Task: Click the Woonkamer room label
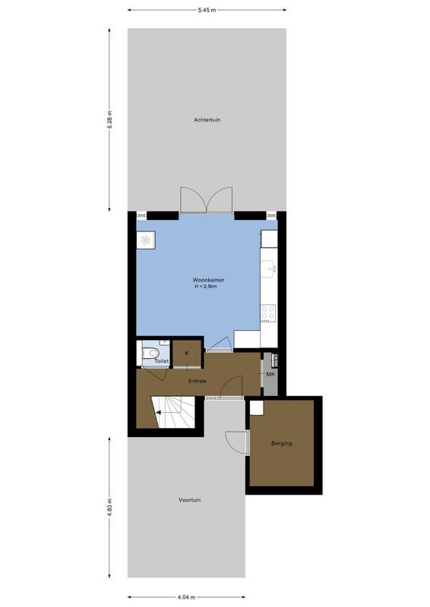(207, 280)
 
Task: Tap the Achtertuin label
(207, 120)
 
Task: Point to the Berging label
(281, 444)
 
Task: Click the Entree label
(198, 381)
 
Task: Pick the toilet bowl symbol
(151, 352)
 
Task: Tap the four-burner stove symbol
(268, 313)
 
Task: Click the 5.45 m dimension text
(207, 11)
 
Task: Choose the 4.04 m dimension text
(186, 596)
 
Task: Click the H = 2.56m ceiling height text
(207, 287)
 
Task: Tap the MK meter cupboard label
(270, 373)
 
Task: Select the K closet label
(186, 354)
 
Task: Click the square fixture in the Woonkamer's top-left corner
(145, 240)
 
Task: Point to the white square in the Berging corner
(256, 407)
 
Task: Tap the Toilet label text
(161, 362)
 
